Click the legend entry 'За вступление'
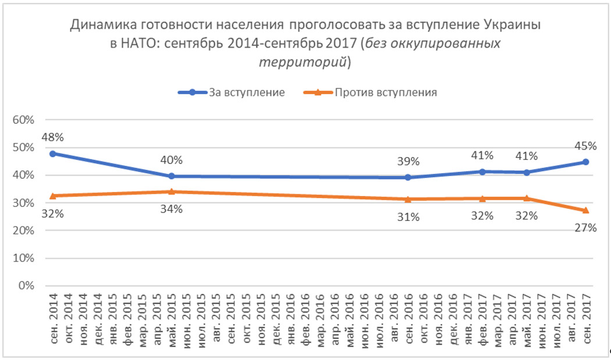point(246,92)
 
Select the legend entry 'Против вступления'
point(384,92)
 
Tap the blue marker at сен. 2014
point(52,154)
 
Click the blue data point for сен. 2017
point(586,162)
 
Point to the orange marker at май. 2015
point(171,191)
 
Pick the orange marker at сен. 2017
point(586,210)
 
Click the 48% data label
point(52,138)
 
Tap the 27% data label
point(586,228)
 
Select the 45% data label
point(586,145)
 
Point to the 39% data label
point(408,161)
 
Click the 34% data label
point(171,209)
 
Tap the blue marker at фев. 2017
point(482,172)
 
